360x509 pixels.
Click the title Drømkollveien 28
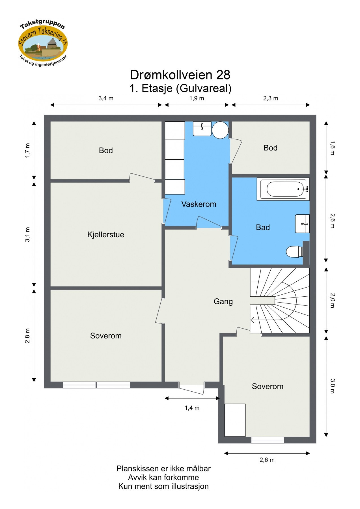[x=180, y=75]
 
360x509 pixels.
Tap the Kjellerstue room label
[x=106, y=234]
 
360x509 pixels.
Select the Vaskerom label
[x=199, y=204]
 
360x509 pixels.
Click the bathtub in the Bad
[x=283, y=189]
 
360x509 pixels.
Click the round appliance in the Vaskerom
[x=220, y=130]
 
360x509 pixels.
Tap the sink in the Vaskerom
[x=202, y=129]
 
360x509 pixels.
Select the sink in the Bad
[x=302, y=224]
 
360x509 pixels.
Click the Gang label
[x=223, y=301]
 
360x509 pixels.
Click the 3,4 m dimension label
[x=106, y=98]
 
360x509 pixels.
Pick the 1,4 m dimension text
[x=192, y=408]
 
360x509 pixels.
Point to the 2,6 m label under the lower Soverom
[x=267, y=460]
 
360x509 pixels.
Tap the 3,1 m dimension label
[x=27, y=234]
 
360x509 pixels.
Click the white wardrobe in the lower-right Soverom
[x=235, y=420]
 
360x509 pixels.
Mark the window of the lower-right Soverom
[x=268, y=440]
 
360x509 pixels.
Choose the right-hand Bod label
[x=270, y=148]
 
